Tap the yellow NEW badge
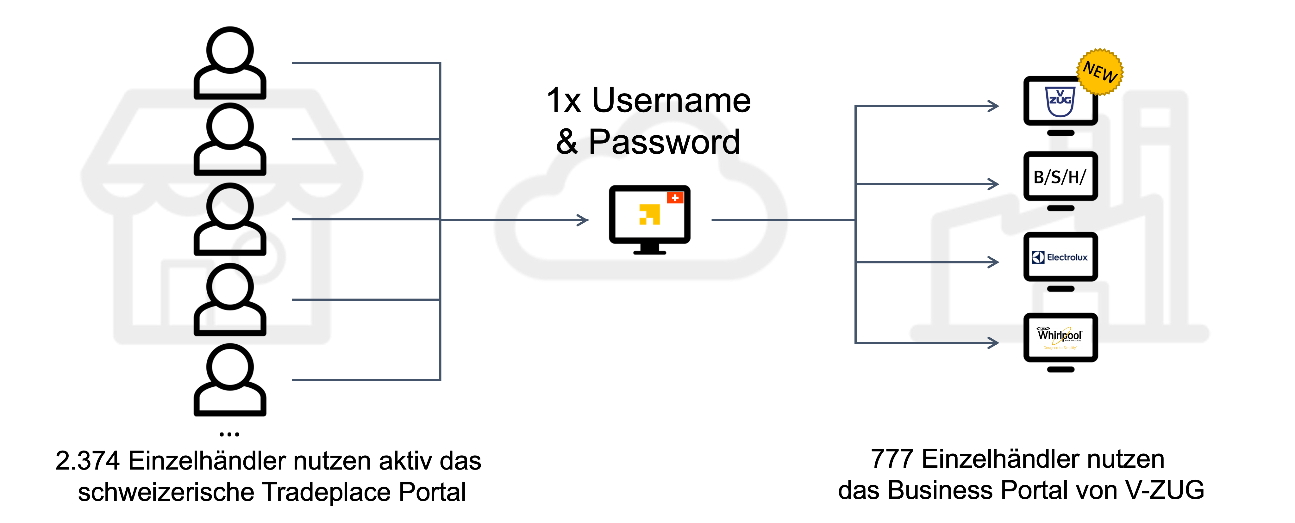tap(1100, 71)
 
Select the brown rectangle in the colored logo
tap(675, 231)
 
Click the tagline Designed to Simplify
tap(1060, 348)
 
